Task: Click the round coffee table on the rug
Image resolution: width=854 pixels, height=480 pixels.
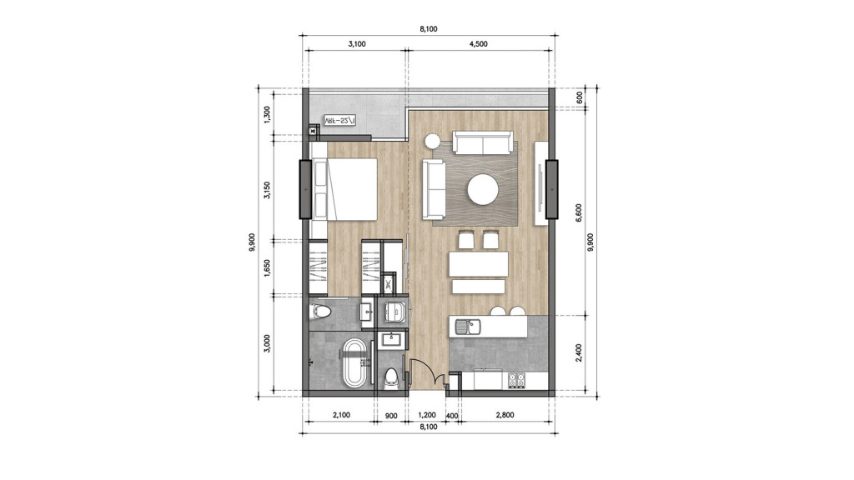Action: point(485,190)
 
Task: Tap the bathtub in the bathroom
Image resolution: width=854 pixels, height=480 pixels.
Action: point(355,362)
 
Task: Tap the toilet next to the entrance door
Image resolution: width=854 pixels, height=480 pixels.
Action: point(389,378)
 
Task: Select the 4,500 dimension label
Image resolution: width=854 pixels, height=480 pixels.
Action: point(478,45)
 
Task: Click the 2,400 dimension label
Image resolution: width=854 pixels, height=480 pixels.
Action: point(581,352)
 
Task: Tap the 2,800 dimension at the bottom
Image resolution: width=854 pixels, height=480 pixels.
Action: point(504,414)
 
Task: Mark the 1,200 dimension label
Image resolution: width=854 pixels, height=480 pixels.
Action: point(426,414)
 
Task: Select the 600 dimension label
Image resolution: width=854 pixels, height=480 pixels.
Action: point(581,96)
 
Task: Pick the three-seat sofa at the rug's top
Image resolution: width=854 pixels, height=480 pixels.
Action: point(482,142)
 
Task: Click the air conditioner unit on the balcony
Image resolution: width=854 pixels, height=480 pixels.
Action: point(339,121)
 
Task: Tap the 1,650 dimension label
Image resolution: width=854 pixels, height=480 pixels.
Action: point(268,267)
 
